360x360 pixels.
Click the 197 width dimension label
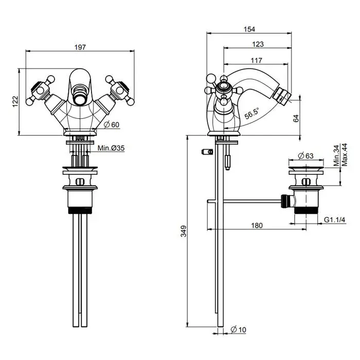(x=80, y=47)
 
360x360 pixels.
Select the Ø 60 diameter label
(x=112, y=124)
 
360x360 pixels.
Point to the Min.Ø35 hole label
(x=111, y=148)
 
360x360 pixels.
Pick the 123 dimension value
(x=258, y=45)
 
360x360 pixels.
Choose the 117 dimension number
(x=256, y=60)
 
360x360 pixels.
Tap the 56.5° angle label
(x=251, y=113)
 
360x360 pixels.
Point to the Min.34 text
(x=336, y=155)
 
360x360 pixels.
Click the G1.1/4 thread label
(x=334, y=220)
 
